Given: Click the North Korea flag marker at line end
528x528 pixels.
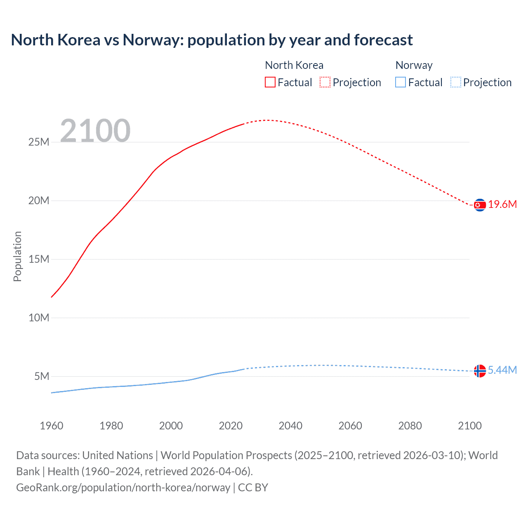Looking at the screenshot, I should point(480,205).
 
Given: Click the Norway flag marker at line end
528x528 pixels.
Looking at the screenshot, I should point(480,371).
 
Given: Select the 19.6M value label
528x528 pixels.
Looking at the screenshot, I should point(502,205).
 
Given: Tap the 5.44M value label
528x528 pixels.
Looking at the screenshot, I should point(502,370).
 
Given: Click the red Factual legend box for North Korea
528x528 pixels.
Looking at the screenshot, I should point(270,82).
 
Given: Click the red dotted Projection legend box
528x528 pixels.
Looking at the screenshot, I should point(325,82).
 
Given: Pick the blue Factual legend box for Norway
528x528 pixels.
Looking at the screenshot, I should point(401,82).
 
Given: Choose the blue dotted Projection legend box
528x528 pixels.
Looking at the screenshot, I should point(456,82).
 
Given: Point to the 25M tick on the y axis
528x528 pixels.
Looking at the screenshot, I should point(39,142).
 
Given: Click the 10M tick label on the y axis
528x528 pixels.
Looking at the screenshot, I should point(39,318).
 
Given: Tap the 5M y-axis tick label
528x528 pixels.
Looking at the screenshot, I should point(42,377).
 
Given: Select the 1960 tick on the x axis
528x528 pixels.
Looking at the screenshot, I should point(52,426).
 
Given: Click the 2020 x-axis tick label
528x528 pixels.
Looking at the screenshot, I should point(231,426).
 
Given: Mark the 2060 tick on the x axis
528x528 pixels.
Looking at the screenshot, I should point(350,426).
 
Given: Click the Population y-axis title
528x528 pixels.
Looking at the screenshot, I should point(17,256).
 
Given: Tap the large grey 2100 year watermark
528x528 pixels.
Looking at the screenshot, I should point(95,131).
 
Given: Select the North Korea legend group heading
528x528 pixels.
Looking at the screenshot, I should point(294,65).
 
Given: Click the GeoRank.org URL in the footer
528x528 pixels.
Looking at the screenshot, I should point(123,488).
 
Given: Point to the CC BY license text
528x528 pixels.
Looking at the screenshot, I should point(253,488).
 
